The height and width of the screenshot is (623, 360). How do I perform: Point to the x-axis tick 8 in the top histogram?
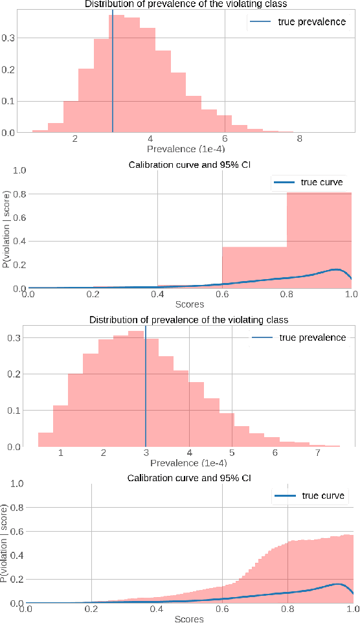299,139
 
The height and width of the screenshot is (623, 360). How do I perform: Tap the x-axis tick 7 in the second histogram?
318,453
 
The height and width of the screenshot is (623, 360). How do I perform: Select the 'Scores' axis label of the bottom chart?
189,618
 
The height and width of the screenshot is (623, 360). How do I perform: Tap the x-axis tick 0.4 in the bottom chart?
156,609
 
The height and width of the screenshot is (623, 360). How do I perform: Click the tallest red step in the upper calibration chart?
319,240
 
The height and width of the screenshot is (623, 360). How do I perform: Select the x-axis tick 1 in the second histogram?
60,453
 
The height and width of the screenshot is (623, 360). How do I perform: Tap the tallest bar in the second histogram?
136,389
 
